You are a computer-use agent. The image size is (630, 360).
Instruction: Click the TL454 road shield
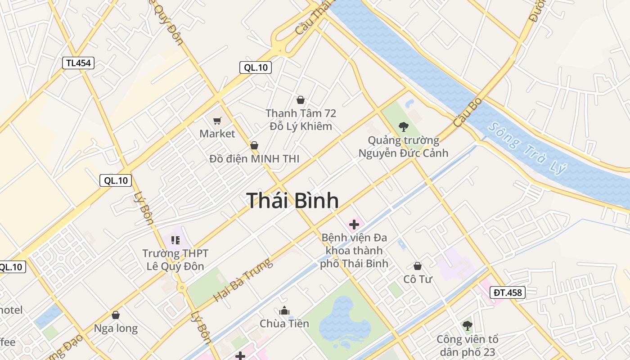tap(78, 63)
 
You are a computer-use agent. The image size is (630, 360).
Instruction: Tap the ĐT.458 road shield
tap(508, 292)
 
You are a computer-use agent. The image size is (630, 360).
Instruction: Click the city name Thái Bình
tap(292, 200)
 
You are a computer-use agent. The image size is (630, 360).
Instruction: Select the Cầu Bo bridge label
tap(468, 112)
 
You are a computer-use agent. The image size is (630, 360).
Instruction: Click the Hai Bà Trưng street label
tap(243, 280)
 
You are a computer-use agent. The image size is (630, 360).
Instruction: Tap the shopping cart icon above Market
tap(217, 121)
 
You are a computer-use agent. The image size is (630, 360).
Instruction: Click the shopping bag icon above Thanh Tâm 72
tap(301, 100)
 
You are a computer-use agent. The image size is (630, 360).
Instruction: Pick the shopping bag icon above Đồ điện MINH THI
tap(254, 145)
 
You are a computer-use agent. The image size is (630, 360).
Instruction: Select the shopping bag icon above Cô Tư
tap(418, 266)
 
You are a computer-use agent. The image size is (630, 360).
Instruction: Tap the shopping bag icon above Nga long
tap(116, 315)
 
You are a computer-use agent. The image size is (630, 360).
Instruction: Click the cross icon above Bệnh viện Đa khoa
tap(354, 224)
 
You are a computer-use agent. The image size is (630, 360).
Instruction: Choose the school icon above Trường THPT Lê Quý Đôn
tap(175, 240)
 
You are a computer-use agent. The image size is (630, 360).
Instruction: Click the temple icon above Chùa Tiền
tap(284, 310)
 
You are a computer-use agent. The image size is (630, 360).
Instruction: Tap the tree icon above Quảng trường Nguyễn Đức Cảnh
tap(403, 127)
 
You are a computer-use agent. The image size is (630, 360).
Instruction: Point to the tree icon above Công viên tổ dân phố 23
tap(468, 325)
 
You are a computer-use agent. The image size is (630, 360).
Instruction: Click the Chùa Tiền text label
tap(284, 324)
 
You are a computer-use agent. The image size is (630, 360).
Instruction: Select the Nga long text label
tap(116, 328)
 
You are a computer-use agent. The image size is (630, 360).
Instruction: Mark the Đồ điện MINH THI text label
tap(254, 159)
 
